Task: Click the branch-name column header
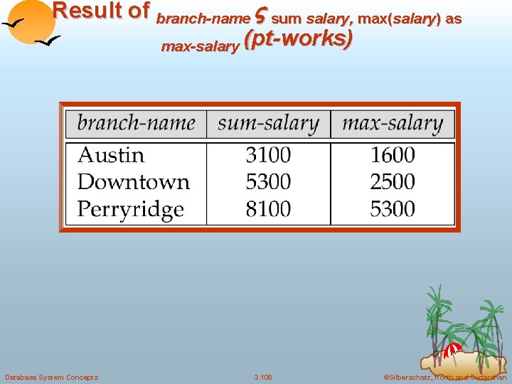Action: [136, 123]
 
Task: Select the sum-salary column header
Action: [268, 123]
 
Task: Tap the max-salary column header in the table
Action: [393, 123]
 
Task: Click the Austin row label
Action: [111, 155]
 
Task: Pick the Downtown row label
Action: [134, 182]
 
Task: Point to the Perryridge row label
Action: [131, 209]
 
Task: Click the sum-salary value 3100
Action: [268, 155]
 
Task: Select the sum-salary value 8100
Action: [268, 209]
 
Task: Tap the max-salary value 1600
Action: [393, 155]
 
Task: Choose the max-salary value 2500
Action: [393, 182]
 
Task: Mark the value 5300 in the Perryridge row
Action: [393, 209]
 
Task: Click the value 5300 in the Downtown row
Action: [268, 182]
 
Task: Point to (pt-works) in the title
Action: [298, 40]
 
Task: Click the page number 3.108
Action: [262, 377]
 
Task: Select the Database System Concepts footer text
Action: [51, 377]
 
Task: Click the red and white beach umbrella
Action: [452, 350]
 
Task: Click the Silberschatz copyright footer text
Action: [444, 377]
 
